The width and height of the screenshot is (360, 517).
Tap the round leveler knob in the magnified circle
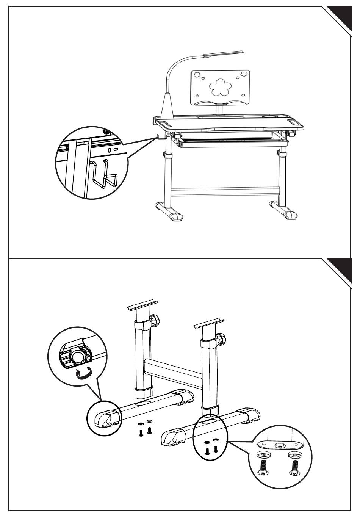pos(78,357)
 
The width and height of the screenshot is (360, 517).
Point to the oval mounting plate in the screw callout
pos(280,446)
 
